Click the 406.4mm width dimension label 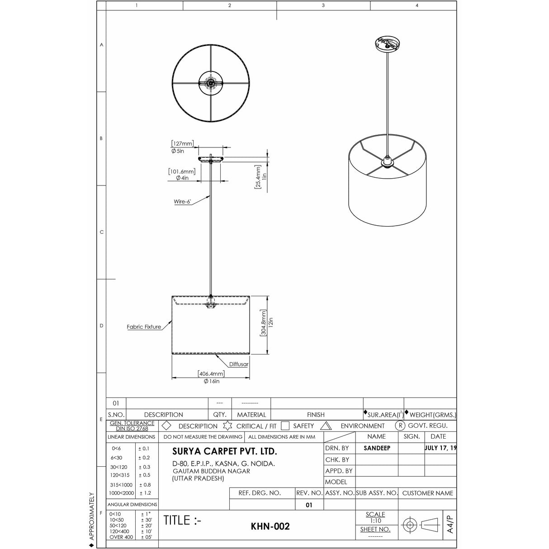point(211,374)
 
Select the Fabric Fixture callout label point(144,327)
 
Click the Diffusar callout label point(238,364)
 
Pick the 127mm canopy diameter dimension point(182,144)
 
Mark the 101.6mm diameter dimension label point(182,172)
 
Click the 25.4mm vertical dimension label point(258,177)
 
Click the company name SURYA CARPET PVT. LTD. point(225,451)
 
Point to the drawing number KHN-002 point(270,526)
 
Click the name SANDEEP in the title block point(377,448)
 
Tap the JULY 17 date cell point(440,448)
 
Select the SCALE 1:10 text point(375,517)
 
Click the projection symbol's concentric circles point(410,525)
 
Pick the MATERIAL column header point(251,415)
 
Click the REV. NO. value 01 point(309,505)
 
